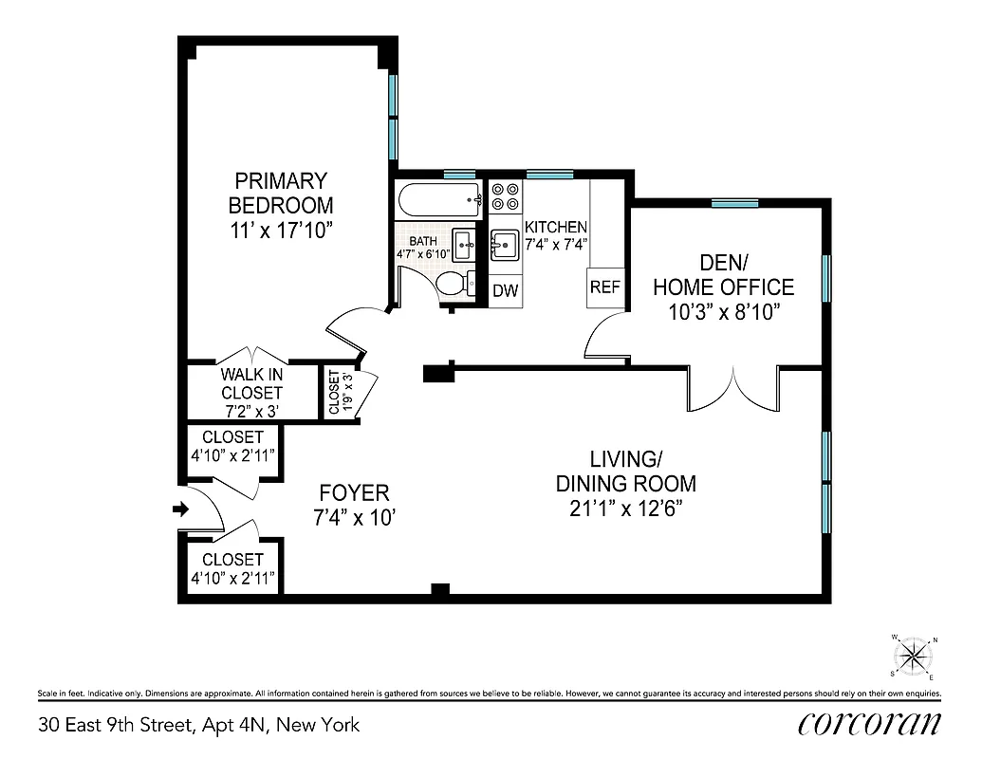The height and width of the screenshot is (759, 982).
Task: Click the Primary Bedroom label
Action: pos(280,193)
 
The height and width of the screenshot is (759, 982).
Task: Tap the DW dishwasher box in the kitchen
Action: pos(506,290)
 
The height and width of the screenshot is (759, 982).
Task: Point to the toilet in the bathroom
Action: pos(454,284)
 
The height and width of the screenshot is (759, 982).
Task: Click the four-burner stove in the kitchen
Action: pos(505,195)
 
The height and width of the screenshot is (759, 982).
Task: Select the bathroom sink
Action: pos(465,244)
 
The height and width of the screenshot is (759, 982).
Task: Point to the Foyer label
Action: pos(354,493)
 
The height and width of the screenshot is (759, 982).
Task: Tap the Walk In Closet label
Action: pos(251,383)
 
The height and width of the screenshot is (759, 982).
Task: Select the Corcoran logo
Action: pos(870,724)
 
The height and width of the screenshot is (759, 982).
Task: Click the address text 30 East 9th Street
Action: pos(199,726)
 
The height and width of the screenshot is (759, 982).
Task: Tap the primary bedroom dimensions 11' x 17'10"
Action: pos(280,231)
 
